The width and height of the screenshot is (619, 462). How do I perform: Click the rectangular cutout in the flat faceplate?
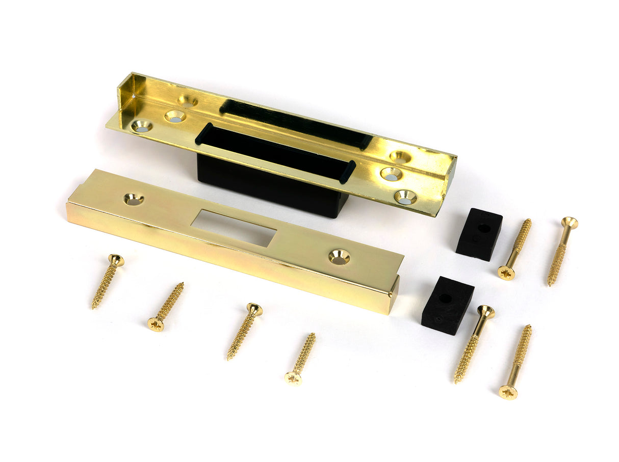coord(234,228)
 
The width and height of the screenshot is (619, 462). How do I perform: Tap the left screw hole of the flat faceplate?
coord(134,199)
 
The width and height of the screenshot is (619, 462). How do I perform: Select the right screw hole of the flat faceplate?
coord(339,257)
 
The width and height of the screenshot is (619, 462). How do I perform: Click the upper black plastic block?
coord(479,234)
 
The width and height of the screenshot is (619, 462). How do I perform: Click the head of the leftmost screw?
coord(116,260)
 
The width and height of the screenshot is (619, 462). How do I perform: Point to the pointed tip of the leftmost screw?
coord(93,307)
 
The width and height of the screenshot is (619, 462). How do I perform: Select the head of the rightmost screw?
coord(570,223)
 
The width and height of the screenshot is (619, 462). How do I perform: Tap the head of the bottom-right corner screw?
coord(508,392)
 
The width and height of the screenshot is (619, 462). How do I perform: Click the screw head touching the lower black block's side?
coord(485,312)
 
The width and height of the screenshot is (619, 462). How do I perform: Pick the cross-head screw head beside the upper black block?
coord(506,273)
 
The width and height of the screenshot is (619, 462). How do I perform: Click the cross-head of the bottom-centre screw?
coord(293,377)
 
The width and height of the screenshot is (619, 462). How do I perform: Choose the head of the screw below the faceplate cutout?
coord(254,309)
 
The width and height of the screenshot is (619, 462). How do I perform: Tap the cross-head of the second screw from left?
coord(156,323)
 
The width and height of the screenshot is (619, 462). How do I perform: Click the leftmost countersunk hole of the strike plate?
coord(141,125)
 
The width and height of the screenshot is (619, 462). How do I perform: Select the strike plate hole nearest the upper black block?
coord(405,197)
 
